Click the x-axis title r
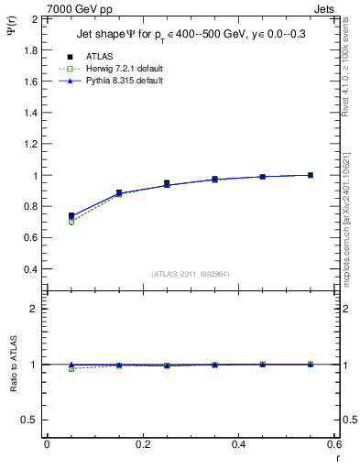pos(336,459)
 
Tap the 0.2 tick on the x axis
pos(143,445)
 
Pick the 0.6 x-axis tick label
pos(334,445)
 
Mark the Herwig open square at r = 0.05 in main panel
pos(71,222)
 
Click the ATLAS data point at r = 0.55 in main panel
pos(311,175)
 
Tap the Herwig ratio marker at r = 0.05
pos(71,368)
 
